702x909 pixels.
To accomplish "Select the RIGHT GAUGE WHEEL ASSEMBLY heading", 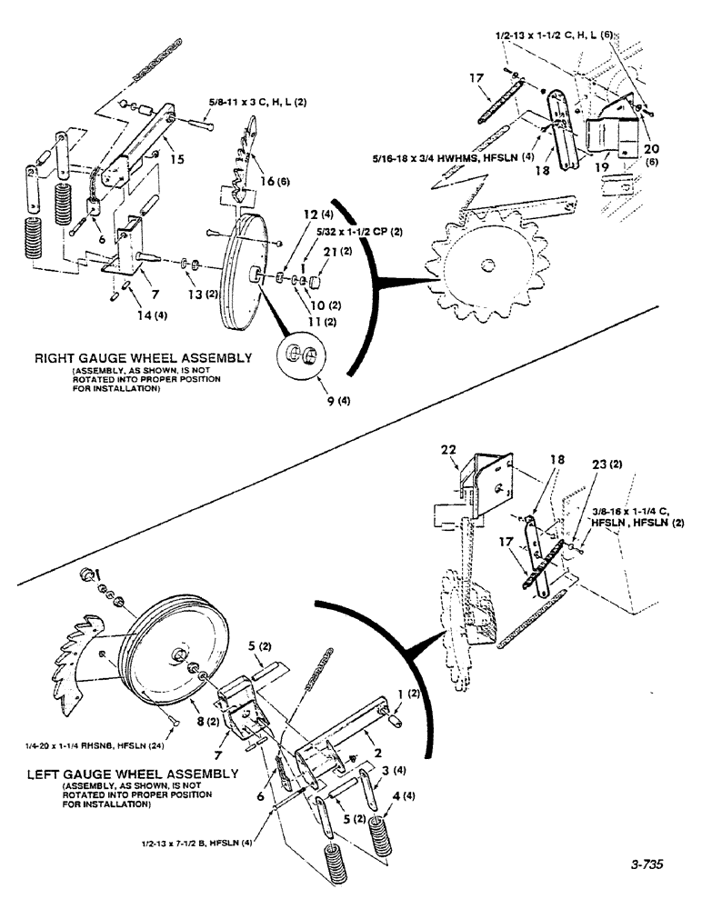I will pyautogui.click(x=143, y=359).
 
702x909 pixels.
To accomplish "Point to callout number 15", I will pyautogui.click(x=175, y=158).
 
